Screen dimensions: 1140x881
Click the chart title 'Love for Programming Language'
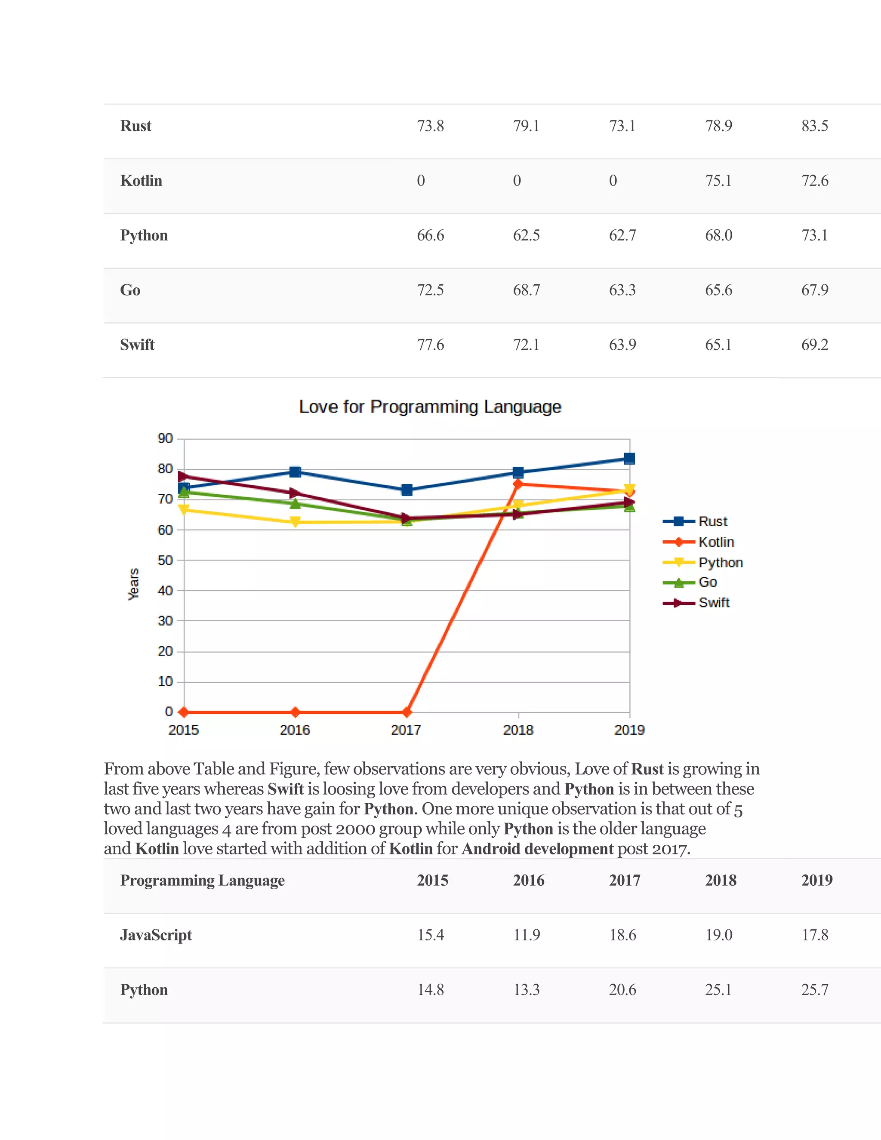tap(430, 407)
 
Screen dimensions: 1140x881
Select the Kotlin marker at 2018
tap(518, 484)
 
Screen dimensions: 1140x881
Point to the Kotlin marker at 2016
tap(295, 712)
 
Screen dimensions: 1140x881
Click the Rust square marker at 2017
tap(407, 490)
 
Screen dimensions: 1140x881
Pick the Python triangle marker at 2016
tap(295, 522)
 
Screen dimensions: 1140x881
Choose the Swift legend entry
tap(714, 603)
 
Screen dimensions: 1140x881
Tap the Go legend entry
tap(707, 582)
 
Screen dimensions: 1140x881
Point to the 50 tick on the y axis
tap(165, 560)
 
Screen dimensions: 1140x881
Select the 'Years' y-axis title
tap(134, 584)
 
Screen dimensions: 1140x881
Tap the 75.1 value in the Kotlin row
tap(718, 181)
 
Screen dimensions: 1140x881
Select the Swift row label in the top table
tap(137, 345)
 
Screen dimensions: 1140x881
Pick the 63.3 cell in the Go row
tap(622, 290)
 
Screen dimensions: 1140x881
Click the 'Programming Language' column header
tap(203, 881)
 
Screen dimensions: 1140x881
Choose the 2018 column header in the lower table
tap(720, 881)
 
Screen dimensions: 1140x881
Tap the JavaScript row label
tap(156, 935)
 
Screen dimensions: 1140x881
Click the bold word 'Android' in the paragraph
tap(490, 849)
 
